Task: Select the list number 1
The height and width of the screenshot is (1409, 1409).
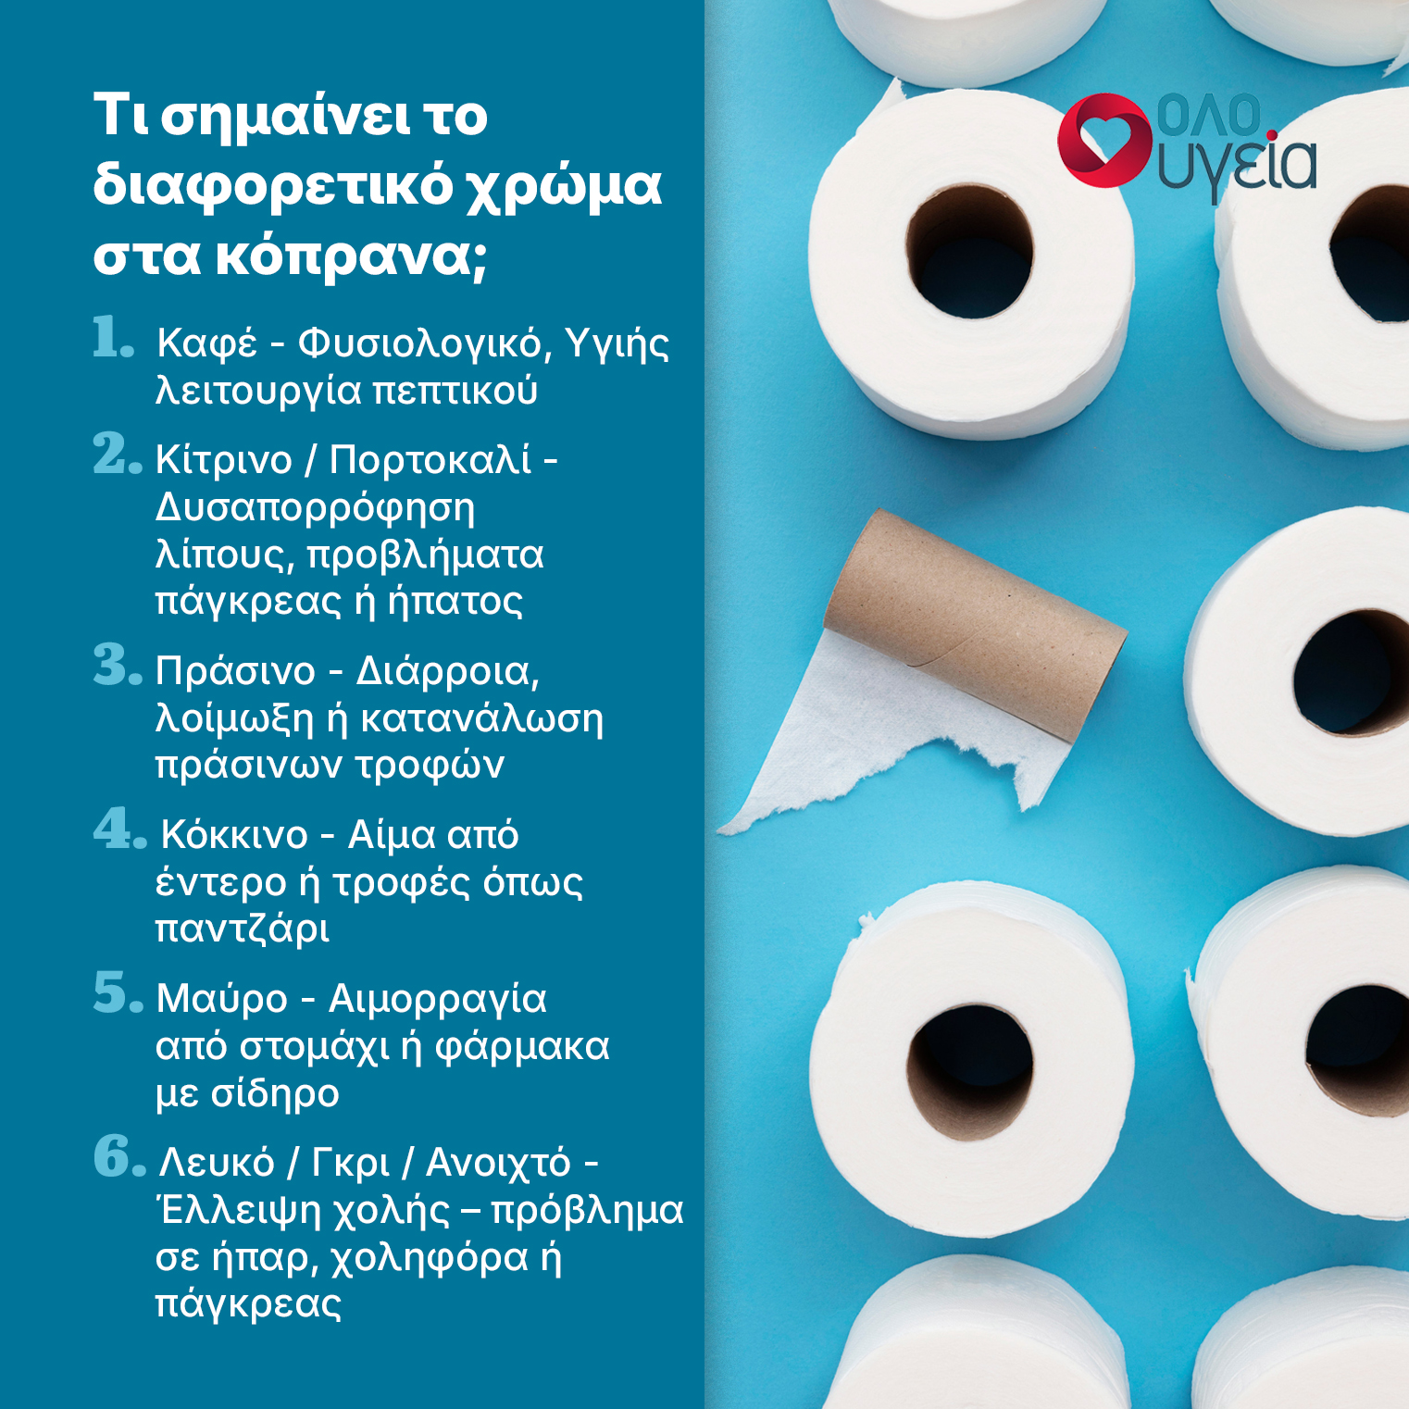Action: point(113,337)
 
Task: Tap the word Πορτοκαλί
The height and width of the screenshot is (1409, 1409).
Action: point(430,459)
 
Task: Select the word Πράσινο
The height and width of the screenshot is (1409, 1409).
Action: point(235,670)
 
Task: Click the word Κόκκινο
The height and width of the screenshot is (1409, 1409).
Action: point(234,834)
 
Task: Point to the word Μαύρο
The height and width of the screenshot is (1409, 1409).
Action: point(222,999)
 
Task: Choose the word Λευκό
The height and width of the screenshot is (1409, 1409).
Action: point(217,1162)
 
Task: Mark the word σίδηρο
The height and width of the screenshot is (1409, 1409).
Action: point(275,1092)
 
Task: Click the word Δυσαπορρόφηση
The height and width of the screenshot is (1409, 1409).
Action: point(315,508)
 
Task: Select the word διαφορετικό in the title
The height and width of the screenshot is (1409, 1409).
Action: point(272,184)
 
